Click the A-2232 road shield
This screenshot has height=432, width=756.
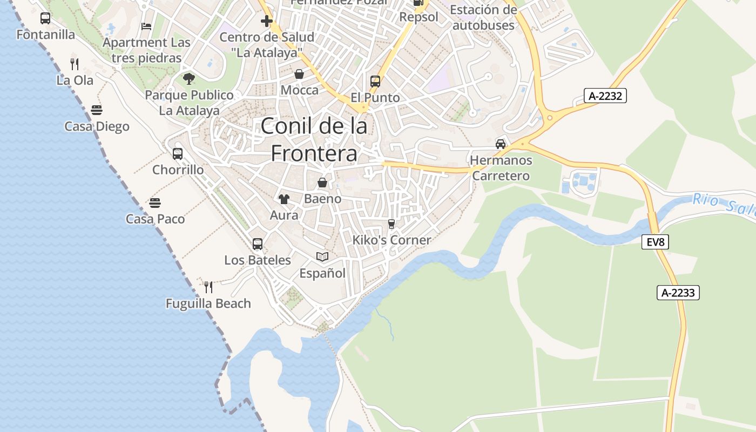click(x=605, y=96)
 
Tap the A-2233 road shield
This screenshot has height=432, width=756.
click(x=678, y=293)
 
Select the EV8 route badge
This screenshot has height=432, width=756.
click(x=656, y=242)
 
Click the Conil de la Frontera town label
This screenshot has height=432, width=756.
click(x=314, y=139)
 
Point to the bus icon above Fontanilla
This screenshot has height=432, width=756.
click(x=45, y=18)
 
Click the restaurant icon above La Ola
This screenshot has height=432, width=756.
click(x=75, y=64)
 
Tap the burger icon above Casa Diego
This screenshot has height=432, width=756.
click(x=97, y=110)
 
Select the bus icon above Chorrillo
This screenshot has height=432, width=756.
click(x=178, y=154)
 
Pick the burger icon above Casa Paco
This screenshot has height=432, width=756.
click(x=155, y=203)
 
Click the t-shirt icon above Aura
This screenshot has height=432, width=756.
click(x=284, y=199)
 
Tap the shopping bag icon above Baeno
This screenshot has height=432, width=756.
click(x=322, y=183)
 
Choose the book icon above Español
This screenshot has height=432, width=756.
click(x=322, y=257)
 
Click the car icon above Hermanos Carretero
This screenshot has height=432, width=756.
click(x=501, y=144)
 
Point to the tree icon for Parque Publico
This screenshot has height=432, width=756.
click(x=188, y=79)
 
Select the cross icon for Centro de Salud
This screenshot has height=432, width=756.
click(x=267, y=21)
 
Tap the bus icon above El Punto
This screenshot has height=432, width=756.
click(x=375, y=82)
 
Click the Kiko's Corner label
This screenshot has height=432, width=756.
click(x=391, y=240)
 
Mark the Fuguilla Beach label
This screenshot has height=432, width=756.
click(x=208, y=303)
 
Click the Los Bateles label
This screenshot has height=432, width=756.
click(x=258, y=260)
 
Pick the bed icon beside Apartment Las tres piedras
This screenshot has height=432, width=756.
click(x=146, y=26)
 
